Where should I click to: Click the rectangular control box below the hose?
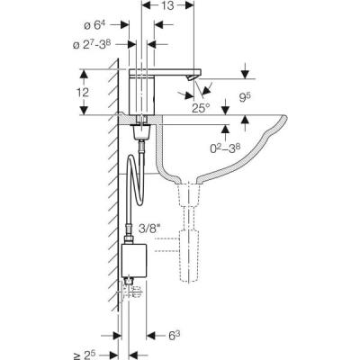tap(136, 258)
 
